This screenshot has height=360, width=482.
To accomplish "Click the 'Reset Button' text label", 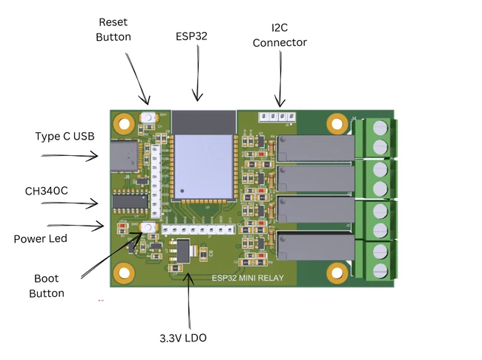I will [x=113, y=30].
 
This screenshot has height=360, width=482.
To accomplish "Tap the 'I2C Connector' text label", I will [x=279, y=35].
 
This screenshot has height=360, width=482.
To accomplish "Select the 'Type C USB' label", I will [x=65, y=137].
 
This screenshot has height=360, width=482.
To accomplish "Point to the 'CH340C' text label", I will [x=46, y=191].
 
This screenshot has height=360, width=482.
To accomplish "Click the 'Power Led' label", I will [x=40, y=239].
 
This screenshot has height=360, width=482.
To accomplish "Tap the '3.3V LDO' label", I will [x=182, y=338].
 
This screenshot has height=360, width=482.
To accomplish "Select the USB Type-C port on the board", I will [x=122, y=157].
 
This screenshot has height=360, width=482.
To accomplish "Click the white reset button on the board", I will [x=149, y=117].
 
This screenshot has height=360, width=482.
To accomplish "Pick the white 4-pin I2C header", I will [x=276, y=117].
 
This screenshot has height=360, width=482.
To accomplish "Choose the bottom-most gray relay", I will [x=314, y=246].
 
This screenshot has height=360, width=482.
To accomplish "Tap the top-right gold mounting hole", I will [x=337, y=120].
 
